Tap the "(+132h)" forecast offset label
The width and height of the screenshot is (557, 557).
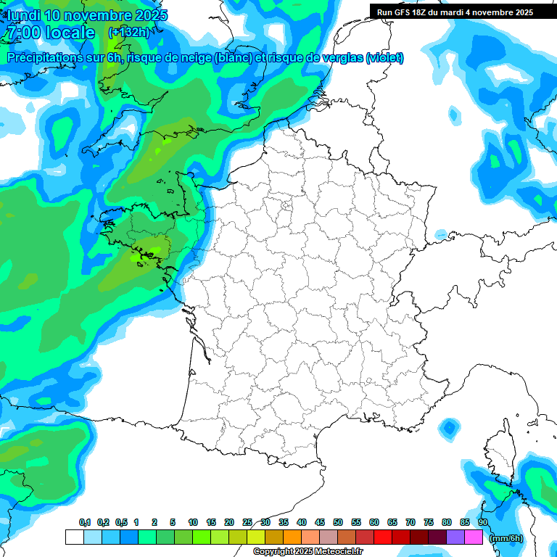click(128, 33)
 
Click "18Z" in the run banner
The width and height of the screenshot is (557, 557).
click(427, 12)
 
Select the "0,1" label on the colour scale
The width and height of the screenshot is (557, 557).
click(85, 523)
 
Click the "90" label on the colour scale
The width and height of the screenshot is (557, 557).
click(483, 523)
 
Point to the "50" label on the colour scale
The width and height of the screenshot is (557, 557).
click(338, 523)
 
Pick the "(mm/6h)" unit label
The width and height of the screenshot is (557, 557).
click(506, 538)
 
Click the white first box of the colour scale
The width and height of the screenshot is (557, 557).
click(74, 537)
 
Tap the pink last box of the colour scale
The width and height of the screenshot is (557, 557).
click(474, 537)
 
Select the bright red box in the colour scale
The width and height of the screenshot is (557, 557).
click(383, 537)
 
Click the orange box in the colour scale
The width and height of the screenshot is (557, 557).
click(292, 537)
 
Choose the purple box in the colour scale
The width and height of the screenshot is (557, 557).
click(455, 537)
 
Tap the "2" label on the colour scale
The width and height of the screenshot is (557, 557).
click(155, 523)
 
